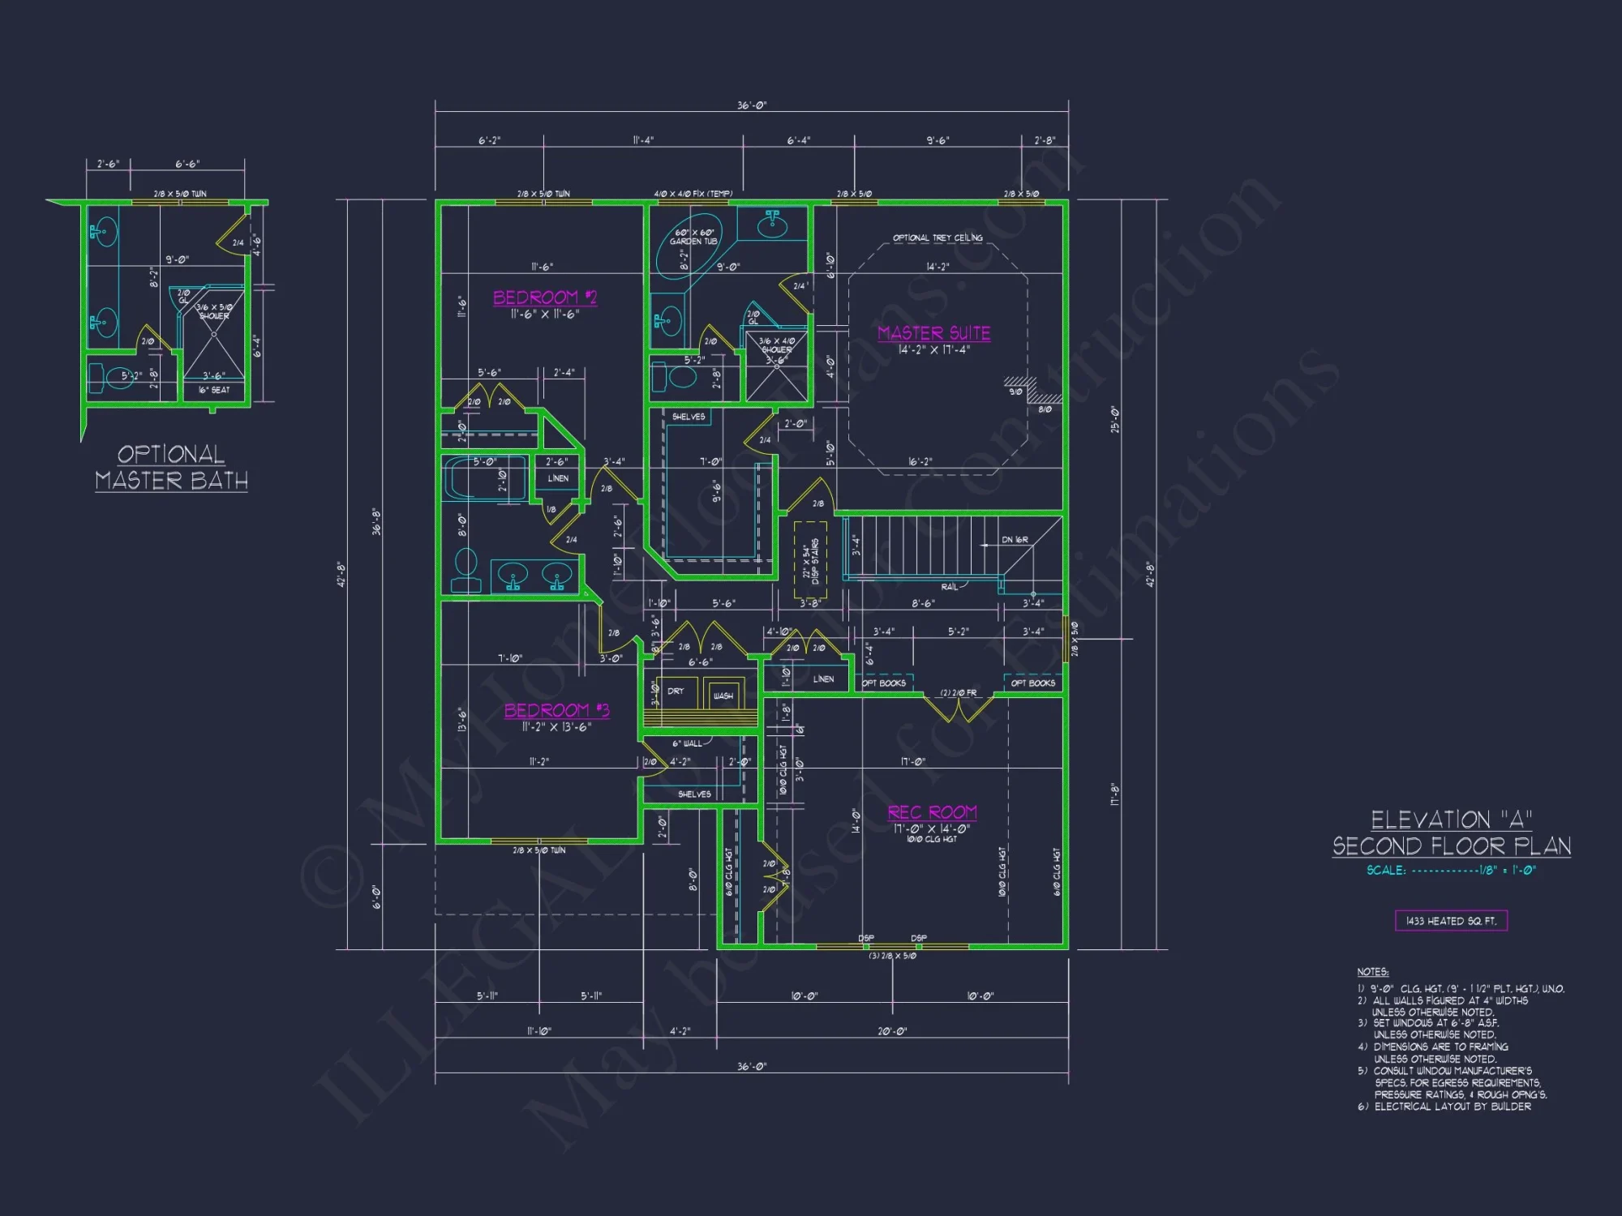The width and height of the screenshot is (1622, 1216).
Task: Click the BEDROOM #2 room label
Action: [545, 298]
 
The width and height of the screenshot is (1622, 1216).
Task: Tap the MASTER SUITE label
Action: [933, 333]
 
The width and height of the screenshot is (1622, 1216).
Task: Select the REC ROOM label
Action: [932, 812]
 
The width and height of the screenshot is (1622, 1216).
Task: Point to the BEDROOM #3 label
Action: [556, 711]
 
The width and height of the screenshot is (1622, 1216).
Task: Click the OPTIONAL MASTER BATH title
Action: [171, 468]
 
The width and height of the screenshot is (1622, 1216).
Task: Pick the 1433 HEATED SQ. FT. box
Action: [1451, 921]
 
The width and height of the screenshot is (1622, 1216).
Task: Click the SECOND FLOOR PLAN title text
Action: [1452, 846]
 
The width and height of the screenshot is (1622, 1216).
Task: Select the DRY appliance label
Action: [676, 691]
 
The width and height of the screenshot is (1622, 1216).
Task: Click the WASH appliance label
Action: [723, 696]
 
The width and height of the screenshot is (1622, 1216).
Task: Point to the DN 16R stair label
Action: [1015, 540]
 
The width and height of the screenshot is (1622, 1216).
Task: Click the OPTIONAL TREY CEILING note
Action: [938, 238]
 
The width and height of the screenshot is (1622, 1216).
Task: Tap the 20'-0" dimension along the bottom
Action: [892, 1031]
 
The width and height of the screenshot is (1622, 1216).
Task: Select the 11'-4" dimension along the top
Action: [643, 140]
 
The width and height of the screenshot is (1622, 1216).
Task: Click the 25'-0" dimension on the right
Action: [1115, 419]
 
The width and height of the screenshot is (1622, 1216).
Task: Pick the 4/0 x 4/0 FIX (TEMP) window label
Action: [693, 194]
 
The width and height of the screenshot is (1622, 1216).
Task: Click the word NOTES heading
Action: [1372, 972]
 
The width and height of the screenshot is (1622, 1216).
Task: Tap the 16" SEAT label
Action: [214, 390]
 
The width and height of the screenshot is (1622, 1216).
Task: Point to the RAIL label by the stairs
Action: [949, 587]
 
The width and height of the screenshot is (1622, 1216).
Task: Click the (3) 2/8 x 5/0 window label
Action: [892, 956]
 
